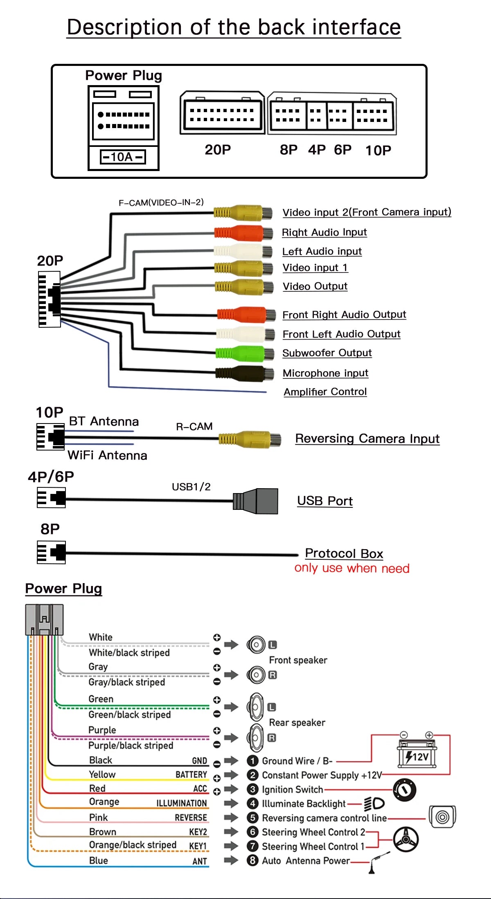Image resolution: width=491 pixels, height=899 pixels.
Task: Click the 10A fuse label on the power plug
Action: click(123, 157)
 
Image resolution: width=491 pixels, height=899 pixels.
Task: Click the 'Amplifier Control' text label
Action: click(325, 392)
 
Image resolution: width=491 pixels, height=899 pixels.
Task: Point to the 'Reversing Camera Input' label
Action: click(367, 439)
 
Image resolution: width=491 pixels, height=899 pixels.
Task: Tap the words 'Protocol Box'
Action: click(344, 554)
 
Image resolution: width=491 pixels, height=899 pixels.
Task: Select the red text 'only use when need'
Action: click(352, 568)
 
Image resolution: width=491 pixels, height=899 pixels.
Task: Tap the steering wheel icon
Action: click(406, 839)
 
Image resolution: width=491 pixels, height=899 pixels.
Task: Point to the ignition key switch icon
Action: click(404, 790)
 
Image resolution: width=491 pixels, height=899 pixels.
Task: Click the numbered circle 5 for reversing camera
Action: click(253, 818)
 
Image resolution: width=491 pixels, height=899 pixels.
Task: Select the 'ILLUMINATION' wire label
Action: click(182, 803)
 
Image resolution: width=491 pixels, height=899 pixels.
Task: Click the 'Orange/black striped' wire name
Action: click(133, 845)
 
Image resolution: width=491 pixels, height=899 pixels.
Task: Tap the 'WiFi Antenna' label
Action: click(107, 455)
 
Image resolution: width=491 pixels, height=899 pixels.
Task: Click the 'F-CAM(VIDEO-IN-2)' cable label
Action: click(161, 203)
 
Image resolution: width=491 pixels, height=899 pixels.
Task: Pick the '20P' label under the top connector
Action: click(218, 150)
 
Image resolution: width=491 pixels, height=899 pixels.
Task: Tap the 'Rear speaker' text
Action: click(297, 723)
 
